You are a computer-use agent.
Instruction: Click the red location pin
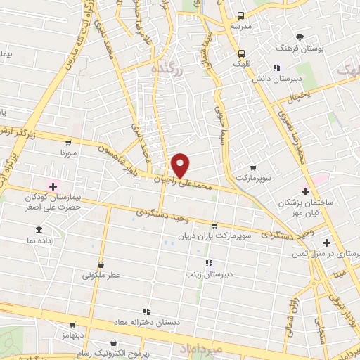point(181,165)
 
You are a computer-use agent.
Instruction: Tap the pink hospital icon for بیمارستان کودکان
point(53,186)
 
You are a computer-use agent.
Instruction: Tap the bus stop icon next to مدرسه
point(240,15)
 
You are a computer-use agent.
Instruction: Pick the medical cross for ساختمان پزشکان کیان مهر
point(304,191)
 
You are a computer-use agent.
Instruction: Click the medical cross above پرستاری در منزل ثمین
point(327,242)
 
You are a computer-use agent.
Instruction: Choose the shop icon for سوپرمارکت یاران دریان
point(214,226)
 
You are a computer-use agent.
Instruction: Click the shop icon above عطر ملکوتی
point(102,265)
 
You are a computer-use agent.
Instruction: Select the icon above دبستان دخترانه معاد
point(146,310)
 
